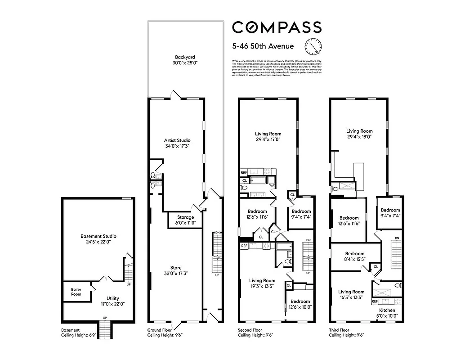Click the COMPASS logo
277,27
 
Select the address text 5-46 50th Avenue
263,46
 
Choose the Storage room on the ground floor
185,220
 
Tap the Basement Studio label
98,239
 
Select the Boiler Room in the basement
76,292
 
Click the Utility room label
112,301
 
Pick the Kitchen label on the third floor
387,313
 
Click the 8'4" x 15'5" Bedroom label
354,256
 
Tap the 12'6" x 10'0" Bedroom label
300,304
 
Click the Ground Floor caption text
165,333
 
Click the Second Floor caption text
255,333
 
